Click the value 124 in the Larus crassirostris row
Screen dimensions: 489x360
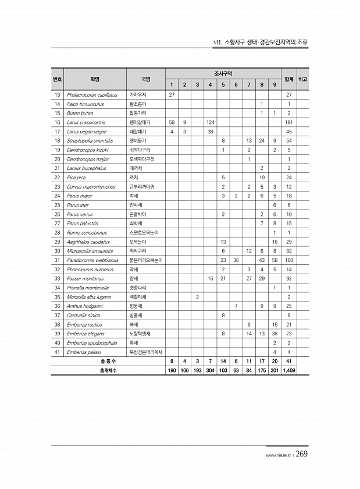click(x=210, y=122)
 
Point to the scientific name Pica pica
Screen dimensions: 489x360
click(x=76, y=177)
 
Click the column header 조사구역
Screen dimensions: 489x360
click(x=223, y=74)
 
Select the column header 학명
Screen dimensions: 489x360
click(x=95, y=79)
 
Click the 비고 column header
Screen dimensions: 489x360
click(x=302, y=79)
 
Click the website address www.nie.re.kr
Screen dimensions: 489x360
click(x=277, y=456)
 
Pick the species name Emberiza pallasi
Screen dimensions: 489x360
click(x=85, y=352)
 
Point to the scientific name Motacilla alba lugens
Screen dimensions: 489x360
click(x=89, y=297)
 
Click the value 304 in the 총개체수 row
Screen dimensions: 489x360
click(x=210, y=371)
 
